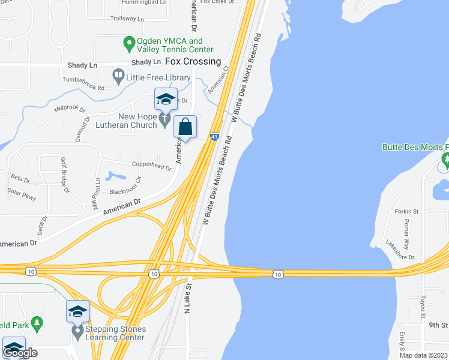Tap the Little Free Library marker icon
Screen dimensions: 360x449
click(x=118, y=76)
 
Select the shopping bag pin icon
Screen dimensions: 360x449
click(x=185, y=127)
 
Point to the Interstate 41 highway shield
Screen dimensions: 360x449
click(x=214, y=137)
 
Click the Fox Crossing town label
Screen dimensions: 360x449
click(x=197, y=62)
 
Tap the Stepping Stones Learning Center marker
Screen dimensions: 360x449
click(x=77, y=331)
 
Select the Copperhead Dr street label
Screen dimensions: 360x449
click(x=152, y=168)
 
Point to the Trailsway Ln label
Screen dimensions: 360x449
click(x=127, y=19)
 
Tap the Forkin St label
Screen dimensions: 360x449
click(x=406, y=212)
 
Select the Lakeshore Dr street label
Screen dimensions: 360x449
click(x=400, y=247)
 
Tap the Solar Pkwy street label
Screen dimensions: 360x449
click(x=22, y=194)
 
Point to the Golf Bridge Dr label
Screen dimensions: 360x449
click(x=64, y=173)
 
